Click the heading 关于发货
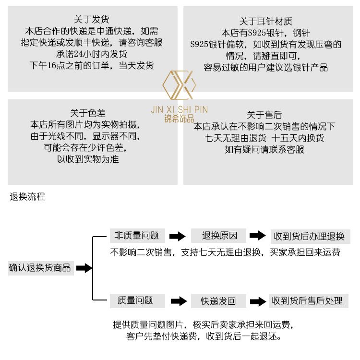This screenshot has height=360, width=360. click(91, 20)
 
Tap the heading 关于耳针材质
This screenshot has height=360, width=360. click(265, 21)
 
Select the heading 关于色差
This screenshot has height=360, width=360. click(88, 113)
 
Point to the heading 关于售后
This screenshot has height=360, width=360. click(264, 115)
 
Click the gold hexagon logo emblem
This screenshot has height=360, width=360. click(180, 85)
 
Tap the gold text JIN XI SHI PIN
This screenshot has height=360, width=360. click(180, 109)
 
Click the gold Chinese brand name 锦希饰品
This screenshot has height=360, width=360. click(180, 119)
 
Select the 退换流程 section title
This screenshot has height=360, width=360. click(27, 197)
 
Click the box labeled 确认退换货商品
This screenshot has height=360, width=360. click(41, 268)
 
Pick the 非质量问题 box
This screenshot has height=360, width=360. click(137, 236)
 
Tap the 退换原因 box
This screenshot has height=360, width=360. click(218, 236)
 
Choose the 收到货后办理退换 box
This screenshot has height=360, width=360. click(310, 237)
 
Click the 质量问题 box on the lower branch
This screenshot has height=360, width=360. click(137, 301)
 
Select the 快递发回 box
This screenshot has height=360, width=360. click(218, 301)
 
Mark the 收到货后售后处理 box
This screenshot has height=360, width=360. click(309, 301)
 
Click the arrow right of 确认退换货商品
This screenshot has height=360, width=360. click(84, 268)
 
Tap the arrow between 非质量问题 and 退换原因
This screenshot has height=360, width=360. click(178, 236)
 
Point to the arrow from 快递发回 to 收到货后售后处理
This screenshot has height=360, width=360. click(258, 301)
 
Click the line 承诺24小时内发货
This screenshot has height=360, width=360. click(91, 54)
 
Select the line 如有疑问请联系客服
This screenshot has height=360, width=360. click(264, 150)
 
